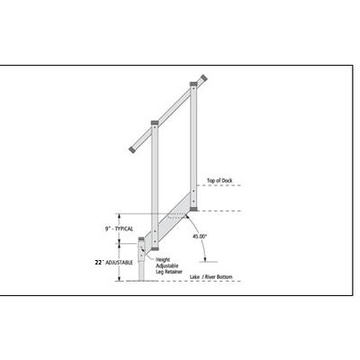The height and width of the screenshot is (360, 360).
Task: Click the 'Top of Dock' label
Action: tap(220, 181)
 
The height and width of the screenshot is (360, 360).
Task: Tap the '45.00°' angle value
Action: tap(200, 236)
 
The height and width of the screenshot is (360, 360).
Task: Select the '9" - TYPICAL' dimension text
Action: tap(119, 229)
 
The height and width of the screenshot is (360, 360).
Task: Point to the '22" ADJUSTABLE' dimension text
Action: tap(113, 263)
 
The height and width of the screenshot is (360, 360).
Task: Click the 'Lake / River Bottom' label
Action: tap(211, 277)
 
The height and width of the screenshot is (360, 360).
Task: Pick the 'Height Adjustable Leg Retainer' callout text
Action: tap(169, 265)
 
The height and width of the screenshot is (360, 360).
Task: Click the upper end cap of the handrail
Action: tap(204, 78)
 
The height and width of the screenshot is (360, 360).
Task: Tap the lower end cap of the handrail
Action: tap(132, 149)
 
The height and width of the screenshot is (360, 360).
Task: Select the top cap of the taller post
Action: tap(193, 84)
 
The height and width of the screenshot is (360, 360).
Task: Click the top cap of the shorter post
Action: tap(155, 122)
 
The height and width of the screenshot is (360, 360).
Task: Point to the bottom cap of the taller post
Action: tap(193, 209)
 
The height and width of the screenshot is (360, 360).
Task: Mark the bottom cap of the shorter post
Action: tap(155, 248)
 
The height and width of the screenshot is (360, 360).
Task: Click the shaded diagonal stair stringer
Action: tap(172, 219)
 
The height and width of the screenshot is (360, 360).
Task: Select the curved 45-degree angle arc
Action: tap(200, 237)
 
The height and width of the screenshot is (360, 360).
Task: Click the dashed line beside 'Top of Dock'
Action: tap(220, 185)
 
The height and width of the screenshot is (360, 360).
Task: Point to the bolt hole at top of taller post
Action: tap(193, 88)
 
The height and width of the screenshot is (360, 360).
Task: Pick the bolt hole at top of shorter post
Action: tap(155, 127)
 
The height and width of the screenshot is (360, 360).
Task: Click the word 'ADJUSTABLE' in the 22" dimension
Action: tap(119, 263)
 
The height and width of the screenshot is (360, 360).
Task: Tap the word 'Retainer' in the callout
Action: tap(174, 272)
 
